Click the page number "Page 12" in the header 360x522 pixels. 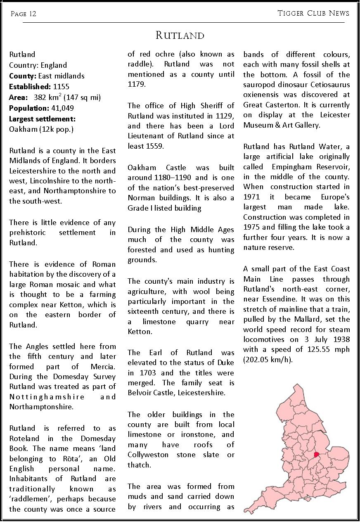click(x=24, y=14)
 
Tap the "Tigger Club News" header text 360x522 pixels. click(x=313, y=13)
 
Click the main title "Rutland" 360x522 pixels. click(x=180, y=36)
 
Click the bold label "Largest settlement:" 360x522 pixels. click(x=42, y=119)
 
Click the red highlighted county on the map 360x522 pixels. click(x=317, y=454)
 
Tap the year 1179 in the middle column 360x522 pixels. click(x=137, y=85)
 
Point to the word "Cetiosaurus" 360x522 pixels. click(x=330, y=85)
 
